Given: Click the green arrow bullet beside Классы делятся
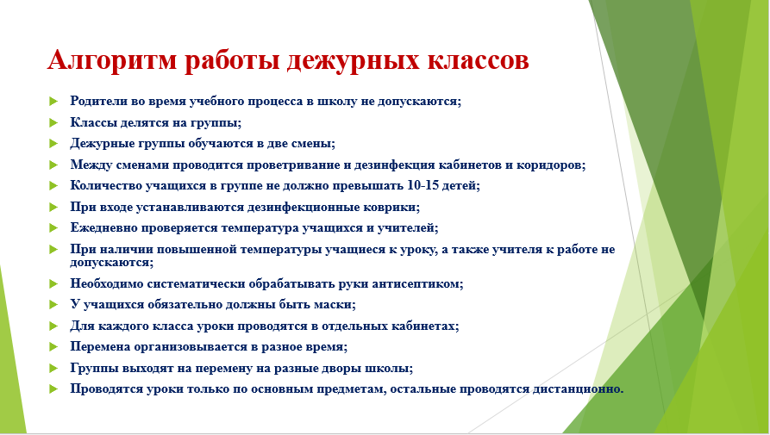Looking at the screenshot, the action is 53,122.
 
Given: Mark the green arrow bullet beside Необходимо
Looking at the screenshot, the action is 53,283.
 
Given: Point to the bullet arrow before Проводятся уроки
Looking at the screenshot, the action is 53,388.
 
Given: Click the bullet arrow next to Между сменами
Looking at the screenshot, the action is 53,165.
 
